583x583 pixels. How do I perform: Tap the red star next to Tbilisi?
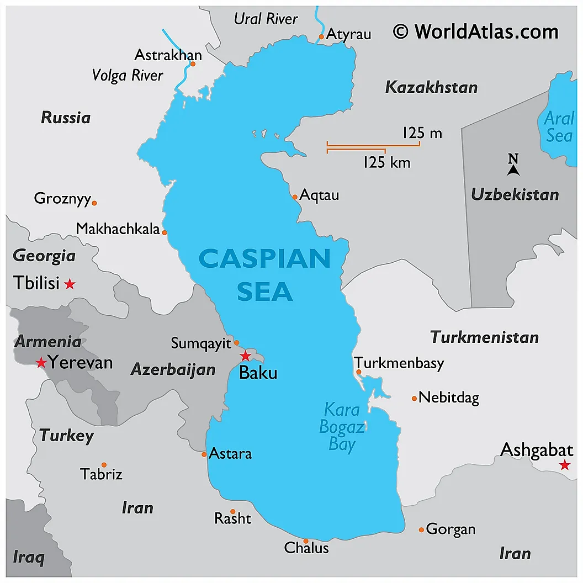70,284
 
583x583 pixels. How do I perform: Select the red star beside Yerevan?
41,363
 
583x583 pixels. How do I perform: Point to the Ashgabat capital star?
564,465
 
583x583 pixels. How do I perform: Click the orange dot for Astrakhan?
193,63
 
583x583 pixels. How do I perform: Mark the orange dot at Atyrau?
321,37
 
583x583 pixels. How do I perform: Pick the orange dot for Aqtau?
295,197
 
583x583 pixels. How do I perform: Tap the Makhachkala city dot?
165,232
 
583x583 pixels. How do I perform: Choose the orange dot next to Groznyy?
94,203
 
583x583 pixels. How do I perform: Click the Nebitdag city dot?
414,398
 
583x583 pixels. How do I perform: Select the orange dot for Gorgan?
421,529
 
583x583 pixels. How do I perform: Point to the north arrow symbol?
513,166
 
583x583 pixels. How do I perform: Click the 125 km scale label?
386,163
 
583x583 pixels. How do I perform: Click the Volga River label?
128,75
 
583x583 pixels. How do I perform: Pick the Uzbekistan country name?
515,194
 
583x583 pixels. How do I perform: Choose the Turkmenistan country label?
484,337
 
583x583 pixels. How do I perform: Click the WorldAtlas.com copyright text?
475,31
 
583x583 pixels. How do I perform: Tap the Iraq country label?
28,557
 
